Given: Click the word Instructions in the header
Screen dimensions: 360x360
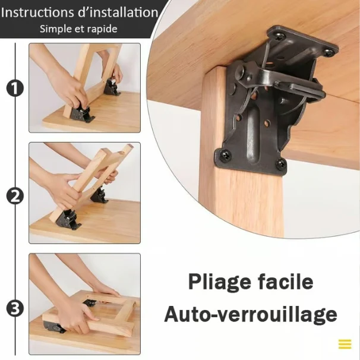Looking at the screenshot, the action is (38, 12).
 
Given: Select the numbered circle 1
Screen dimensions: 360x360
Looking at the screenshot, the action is (15, 89).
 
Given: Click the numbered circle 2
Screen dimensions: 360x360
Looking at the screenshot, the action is (15, 197).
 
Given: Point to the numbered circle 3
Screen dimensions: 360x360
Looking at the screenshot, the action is (15, 309).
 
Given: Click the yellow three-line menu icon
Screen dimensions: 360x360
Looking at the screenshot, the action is (345, 344).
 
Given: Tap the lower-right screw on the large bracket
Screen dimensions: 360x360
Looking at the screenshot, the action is (280, 163).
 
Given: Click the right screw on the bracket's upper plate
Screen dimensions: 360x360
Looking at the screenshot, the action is (329, 52).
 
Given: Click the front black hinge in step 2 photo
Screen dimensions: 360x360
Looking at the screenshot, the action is (68, 219).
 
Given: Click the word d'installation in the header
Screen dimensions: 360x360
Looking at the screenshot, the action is (118, 12).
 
